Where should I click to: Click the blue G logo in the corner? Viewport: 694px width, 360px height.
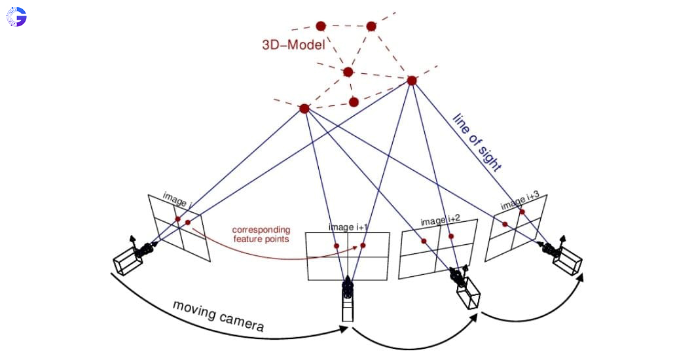(16, 17)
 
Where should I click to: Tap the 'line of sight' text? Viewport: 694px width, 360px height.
(477, 142)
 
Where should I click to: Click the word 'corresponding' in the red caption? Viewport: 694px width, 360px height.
(261, 230)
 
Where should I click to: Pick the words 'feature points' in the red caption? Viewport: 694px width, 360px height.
(261, 240)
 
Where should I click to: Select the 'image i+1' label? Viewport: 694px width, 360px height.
(348, 227)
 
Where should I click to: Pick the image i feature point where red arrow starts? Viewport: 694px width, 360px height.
(188, 223)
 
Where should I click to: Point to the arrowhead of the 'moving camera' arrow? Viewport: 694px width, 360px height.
(345, 331)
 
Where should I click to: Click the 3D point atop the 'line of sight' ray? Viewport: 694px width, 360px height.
(412, 81)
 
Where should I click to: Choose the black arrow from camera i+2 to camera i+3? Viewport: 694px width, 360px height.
(537, 318)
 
